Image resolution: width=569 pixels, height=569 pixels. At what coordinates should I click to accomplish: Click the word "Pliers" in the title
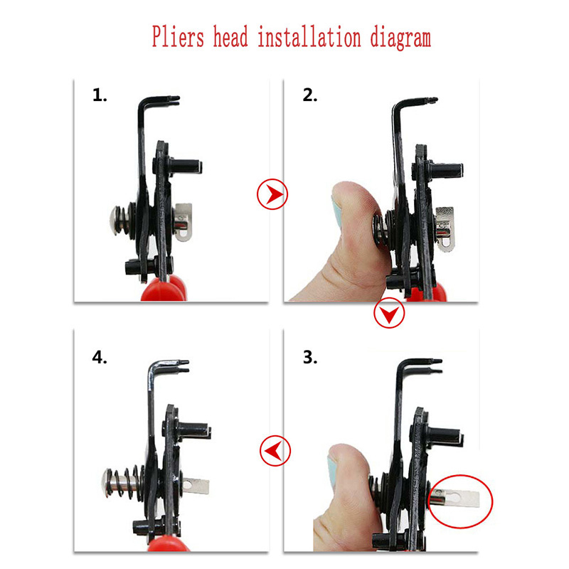click(178, 38)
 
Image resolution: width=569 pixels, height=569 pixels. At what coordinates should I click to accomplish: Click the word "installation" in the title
click(309, 36)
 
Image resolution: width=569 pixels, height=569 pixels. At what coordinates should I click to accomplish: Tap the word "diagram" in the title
click(400, 38)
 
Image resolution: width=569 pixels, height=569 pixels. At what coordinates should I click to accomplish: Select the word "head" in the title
click(230, 36)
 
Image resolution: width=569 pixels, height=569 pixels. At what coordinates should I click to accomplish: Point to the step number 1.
click(100, 95)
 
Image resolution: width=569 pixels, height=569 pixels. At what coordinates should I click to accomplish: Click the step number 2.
click(310, 95)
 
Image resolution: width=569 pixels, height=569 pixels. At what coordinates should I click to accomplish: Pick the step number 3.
click(310, 358)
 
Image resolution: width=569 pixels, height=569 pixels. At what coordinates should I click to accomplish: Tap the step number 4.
click(100, 358)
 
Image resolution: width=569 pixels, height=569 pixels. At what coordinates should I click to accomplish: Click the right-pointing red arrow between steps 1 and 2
click(272, 194)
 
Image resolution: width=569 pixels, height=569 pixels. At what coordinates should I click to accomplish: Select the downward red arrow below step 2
click(389, 313)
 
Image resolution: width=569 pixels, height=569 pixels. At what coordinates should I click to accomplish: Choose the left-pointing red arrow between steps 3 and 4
click(275, 450)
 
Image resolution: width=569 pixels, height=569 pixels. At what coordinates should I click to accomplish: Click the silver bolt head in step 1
click(115, 220)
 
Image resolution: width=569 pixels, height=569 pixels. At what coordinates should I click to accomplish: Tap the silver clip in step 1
click(183, 222)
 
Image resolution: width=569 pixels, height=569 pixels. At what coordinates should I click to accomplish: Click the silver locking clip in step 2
click(445, 228)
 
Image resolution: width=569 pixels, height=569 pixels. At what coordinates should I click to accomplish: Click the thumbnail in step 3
click(331, 471)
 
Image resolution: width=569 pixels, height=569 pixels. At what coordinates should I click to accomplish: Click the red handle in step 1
click(164, 289)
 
